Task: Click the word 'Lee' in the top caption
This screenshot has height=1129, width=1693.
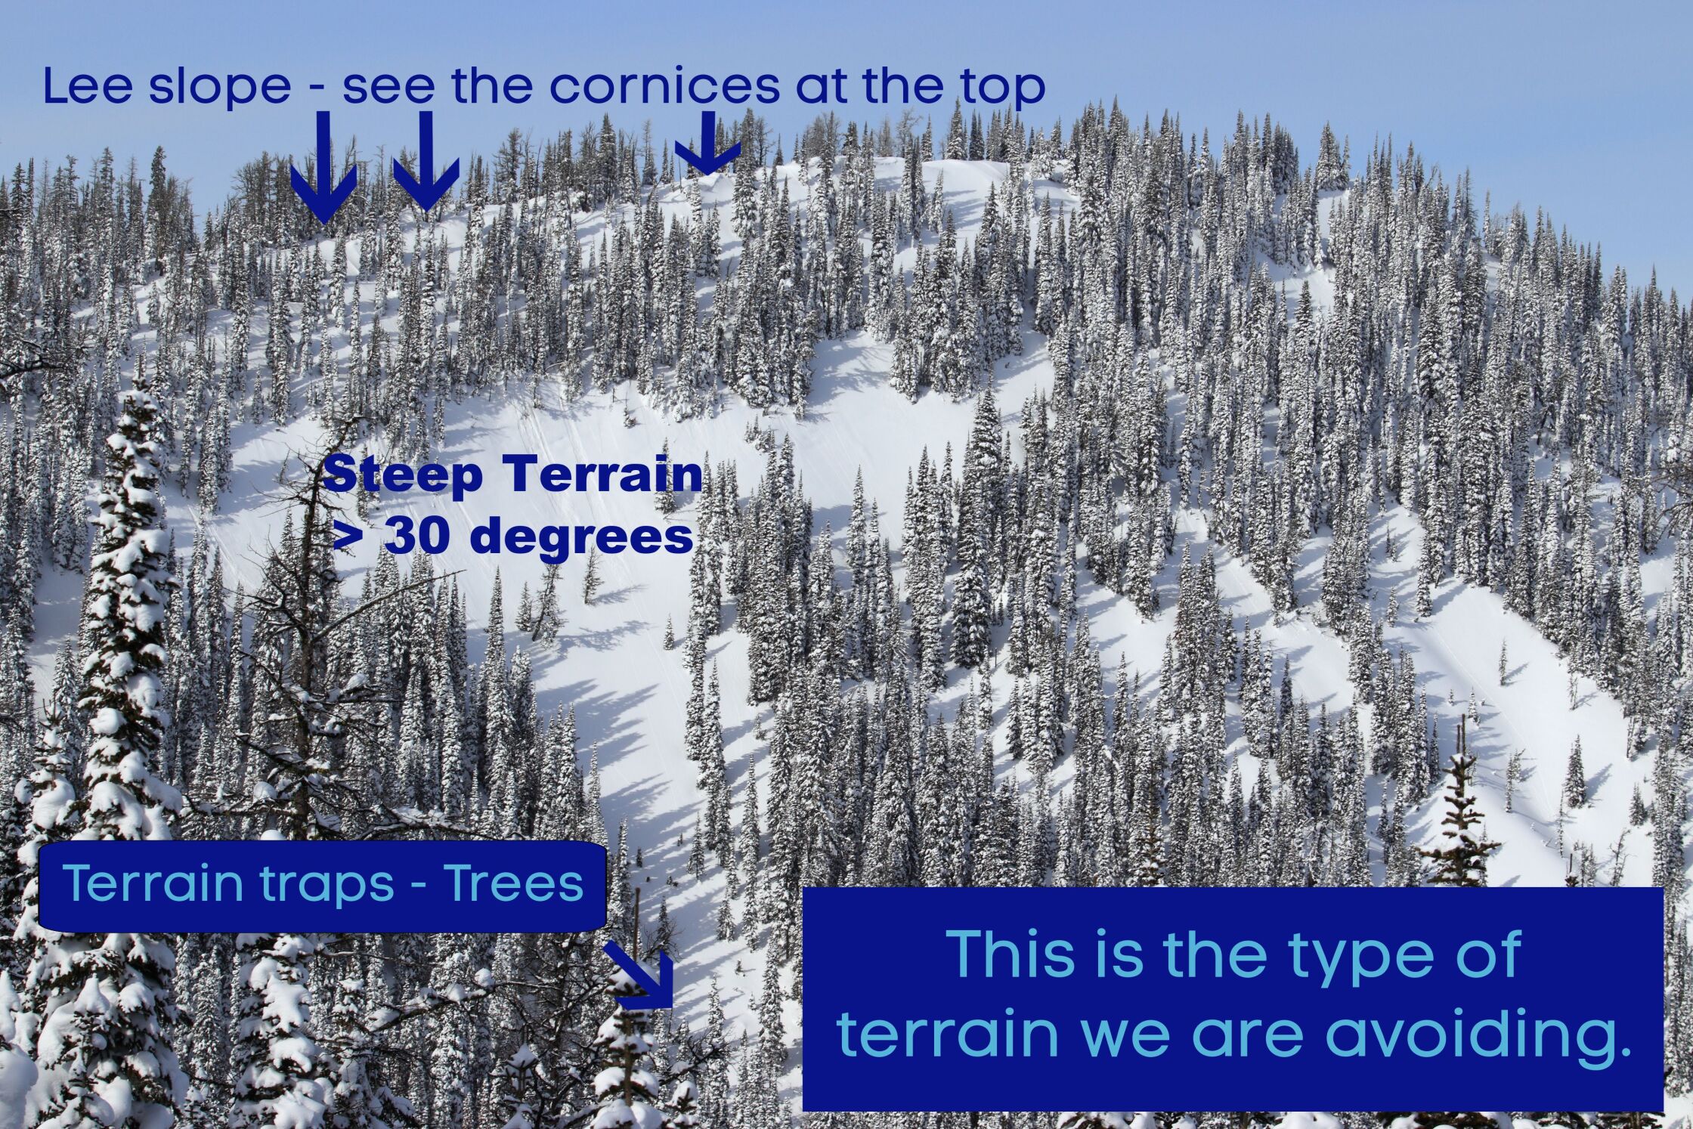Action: coord(91,86)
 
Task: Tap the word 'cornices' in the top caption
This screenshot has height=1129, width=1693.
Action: coord(664,86)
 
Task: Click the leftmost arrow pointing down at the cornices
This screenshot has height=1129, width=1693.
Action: coord(323,167)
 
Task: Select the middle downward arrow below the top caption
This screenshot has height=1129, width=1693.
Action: coord(426,161)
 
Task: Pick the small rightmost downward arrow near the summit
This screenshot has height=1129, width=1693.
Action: coord(707,143)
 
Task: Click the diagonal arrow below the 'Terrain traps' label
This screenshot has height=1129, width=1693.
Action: coord(639,977)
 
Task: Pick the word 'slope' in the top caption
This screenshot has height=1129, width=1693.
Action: coord(219,89)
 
